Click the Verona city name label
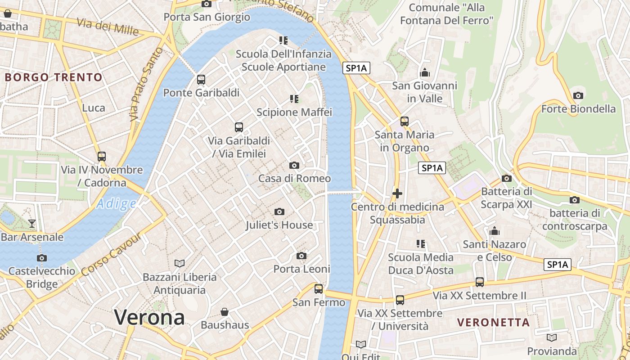pyautogui.click(x=149, y=317)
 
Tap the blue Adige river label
pyautogui.click(x=116, y=204)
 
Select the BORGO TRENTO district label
pyautogui.click(x=54, y=77)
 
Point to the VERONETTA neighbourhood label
pyautogui.click(x=493, y=322)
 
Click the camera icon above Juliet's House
pyautogui.click(x=279, y=211)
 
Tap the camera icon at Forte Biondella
pyautogui.click(x=578, y=95)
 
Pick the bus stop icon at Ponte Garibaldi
pyautogui.click(x=201, y=80)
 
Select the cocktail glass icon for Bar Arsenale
pyautogui.click(x=32, y=223)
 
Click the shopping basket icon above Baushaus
pyautogui.click(x=225, y=311)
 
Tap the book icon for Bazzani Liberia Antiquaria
pyautogui.click(x=180, y=263)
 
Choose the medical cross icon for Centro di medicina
pyautogui.click(x=397, y=193)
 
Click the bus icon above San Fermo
pyautogui.click(x=319, y=288)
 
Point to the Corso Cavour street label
pyautogui.click(x=112, y=254)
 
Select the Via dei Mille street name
pyautogui.click(x=108, y=27)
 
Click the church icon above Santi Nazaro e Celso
pyautogui.click(x=495, y=231)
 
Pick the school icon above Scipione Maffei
pyautogui.click(x=294, y=99)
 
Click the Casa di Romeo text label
pyautogui.click(x=294, y=178)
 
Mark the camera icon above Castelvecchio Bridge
pyautogui.click(x=42, y=258)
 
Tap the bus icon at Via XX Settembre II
pyautogui.click(x=480, y=282)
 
